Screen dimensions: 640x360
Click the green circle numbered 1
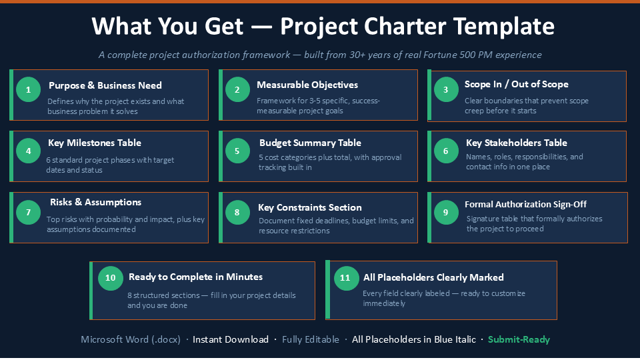[x=28, y=89]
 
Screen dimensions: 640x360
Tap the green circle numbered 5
[x=237, y=151]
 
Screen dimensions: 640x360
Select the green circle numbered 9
[x=446, y=212]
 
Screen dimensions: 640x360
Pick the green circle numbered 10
[x=110, y=278]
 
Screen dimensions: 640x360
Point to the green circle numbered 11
[x=346, y=278]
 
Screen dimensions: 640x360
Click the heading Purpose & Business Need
[x=105, y=85]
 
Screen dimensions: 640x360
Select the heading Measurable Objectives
[x=307, y=85]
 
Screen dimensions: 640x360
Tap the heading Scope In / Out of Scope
[x=516, y=84]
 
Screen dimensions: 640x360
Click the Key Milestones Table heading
[x=95, y=143]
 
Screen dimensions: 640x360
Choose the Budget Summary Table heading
[x=310, y=143]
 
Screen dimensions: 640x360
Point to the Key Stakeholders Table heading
[x=516, y=143]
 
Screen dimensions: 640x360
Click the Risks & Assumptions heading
[x=95, y=202]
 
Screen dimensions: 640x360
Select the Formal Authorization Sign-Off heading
[x=526, y=204]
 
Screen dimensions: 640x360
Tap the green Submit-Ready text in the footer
[x=519, y=339]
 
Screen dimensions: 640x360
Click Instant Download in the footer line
[x=231, y=339]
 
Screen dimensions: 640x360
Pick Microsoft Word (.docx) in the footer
[x=131, y=339]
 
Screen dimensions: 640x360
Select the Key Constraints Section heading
[x=310, y=207]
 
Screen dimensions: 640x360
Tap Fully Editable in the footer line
[x=311, y=339]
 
